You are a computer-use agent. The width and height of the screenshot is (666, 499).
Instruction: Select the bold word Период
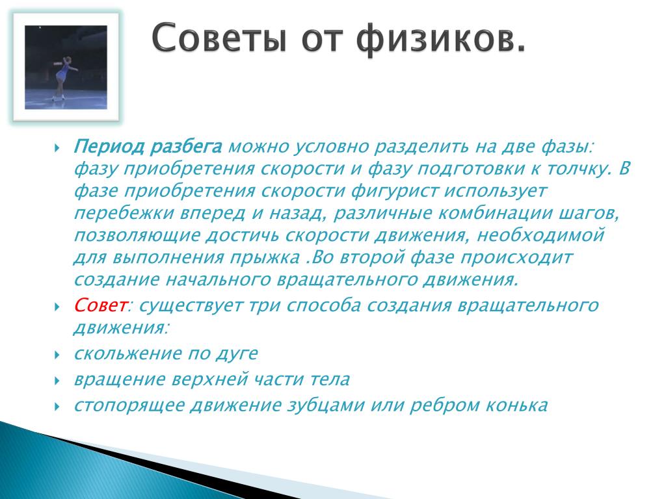pyautogui.click(x=109, y=147)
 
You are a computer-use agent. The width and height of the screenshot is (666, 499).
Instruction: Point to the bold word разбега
pyautogui.click(x=187, y=147)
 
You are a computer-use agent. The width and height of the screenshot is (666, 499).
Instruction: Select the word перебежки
pyautogui.click(x=124, y=213)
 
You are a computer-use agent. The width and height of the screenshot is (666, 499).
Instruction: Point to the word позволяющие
pyautogui.click(x=137, y=235)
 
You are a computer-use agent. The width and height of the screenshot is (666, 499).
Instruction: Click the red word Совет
pyautogui.click(x=101, y=305)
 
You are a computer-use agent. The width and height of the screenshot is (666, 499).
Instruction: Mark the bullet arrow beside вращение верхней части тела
pyautogui.click(x=57, y=381)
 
